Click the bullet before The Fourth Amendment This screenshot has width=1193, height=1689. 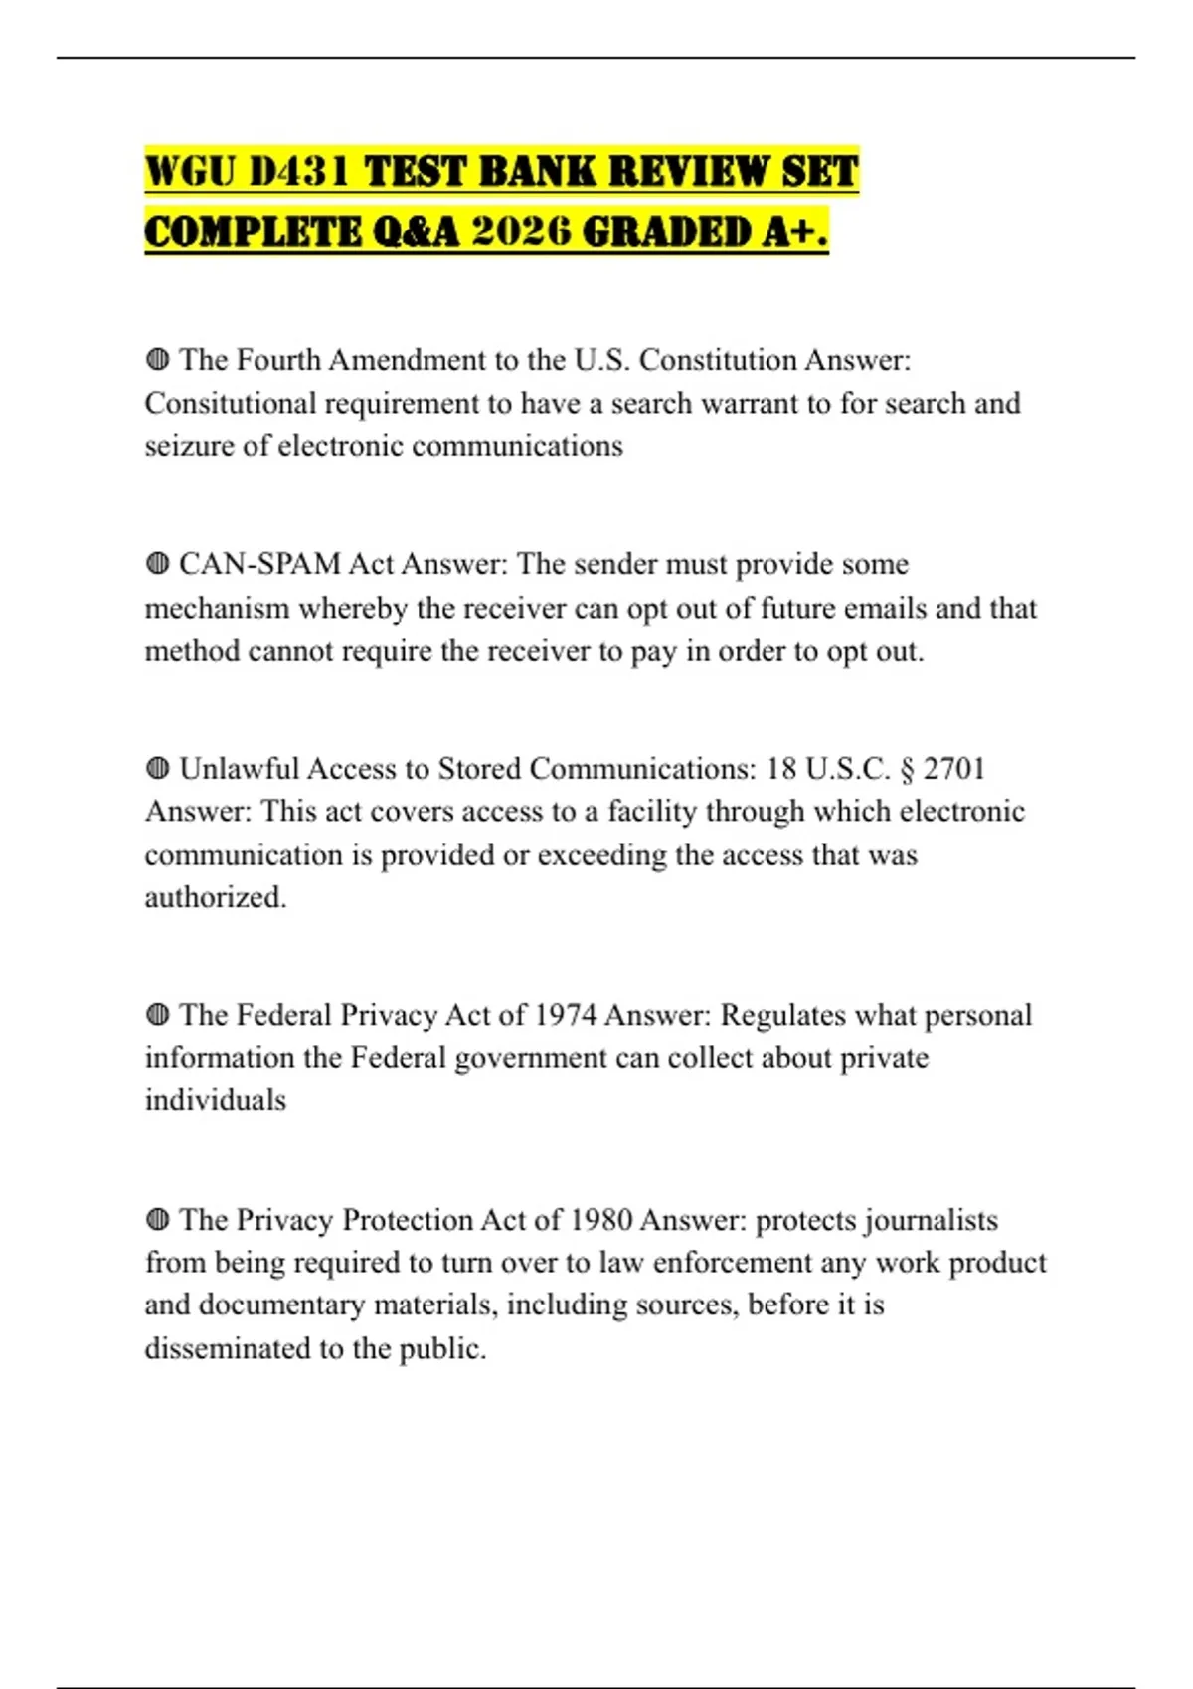coord(157,360)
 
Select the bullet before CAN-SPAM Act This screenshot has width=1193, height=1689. coord(157,564)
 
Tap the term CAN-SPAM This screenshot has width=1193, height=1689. coord(259,564)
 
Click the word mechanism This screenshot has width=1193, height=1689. coord(217,608)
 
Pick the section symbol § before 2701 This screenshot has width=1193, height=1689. coord(906,769)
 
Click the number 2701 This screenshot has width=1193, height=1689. coord(953,769)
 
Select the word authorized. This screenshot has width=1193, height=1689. coord(215,897)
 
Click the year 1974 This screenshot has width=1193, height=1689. coord(565,1015)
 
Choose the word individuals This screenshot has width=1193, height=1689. coord(215,1100)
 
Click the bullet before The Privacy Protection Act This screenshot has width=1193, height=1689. coord(157,1220)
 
